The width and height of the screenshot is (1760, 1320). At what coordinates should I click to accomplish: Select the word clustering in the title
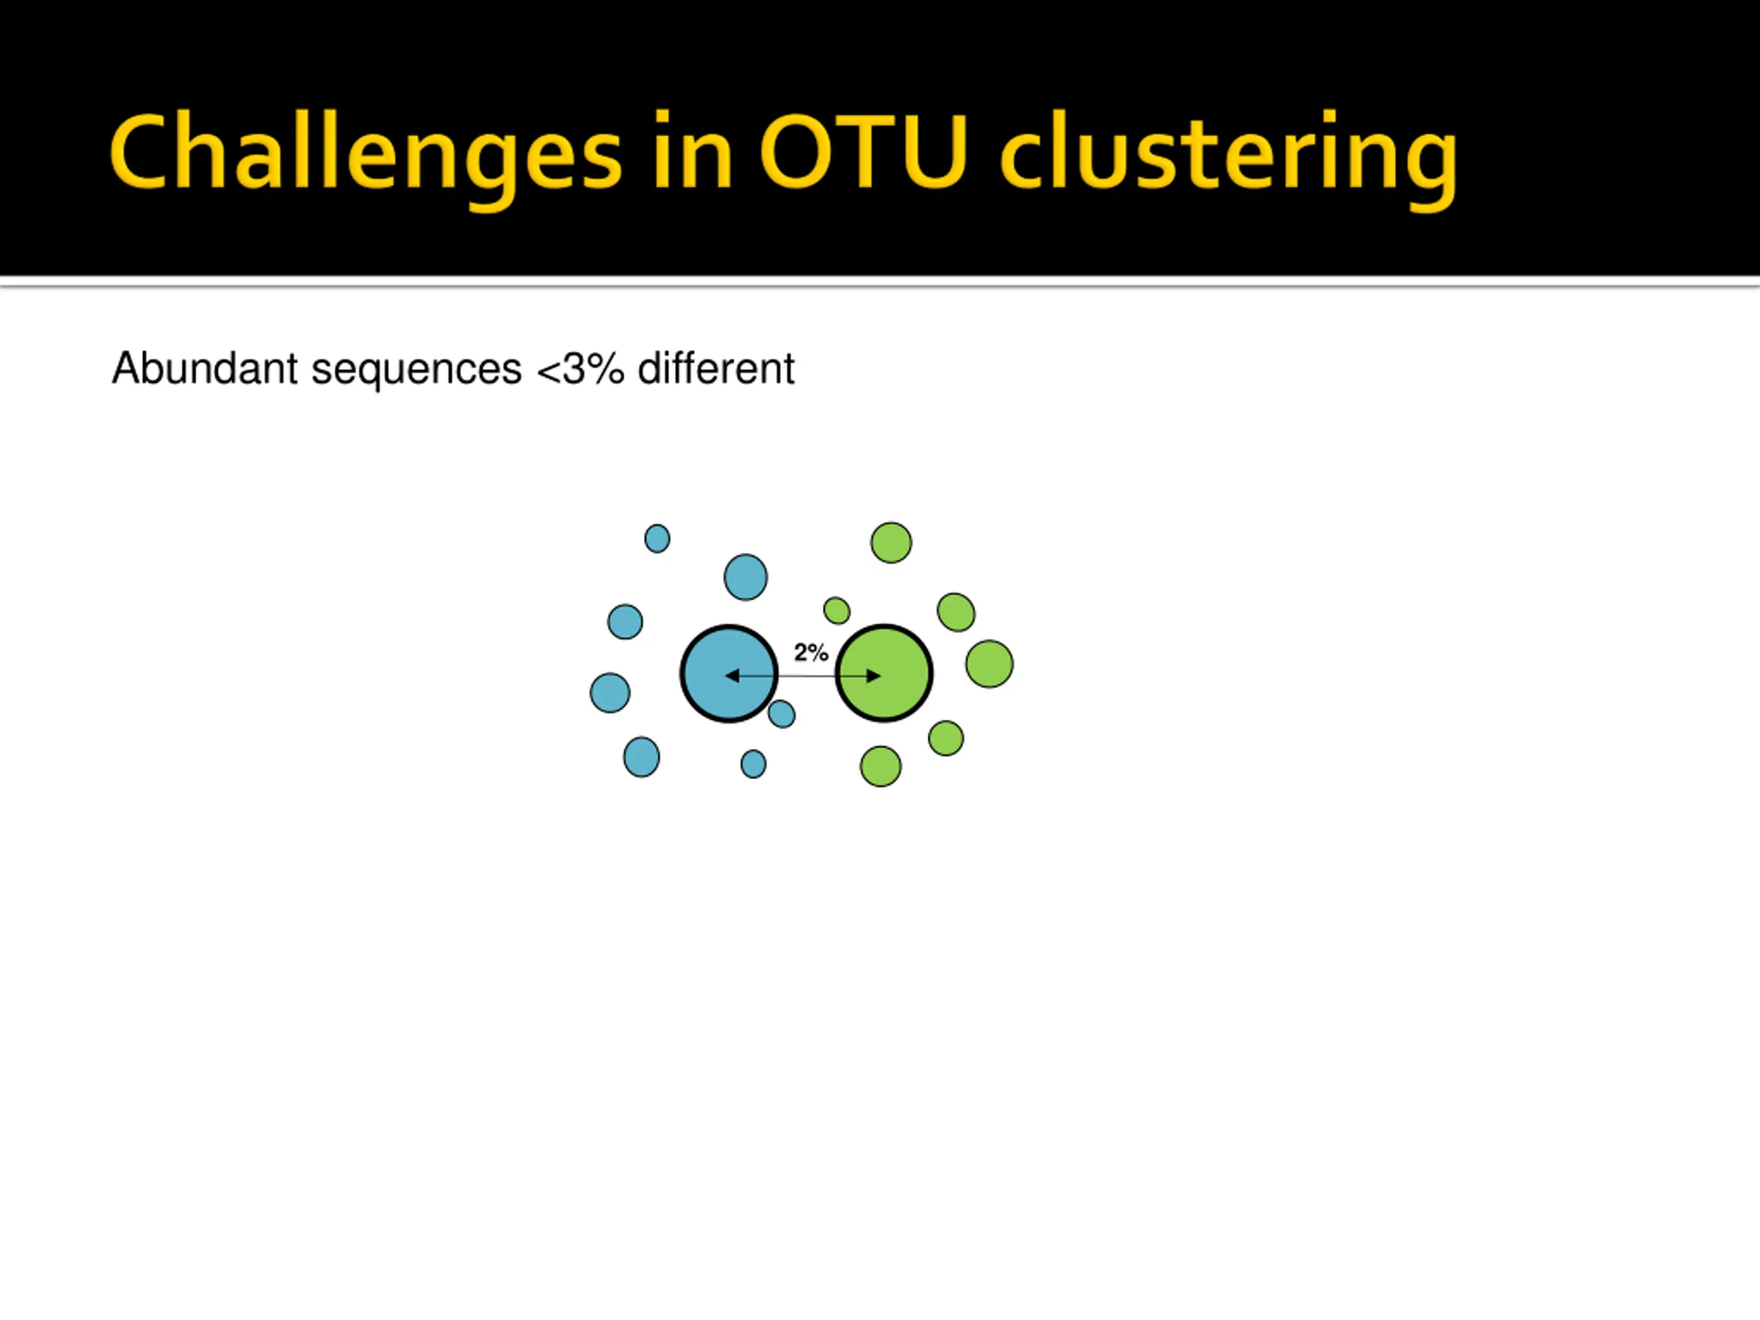[1229, 153]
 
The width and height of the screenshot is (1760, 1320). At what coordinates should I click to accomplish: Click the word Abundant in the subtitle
[206, 368]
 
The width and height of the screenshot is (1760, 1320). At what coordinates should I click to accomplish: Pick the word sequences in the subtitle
[416, 370]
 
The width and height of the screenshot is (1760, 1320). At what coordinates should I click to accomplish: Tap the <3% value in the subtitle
[580, 368]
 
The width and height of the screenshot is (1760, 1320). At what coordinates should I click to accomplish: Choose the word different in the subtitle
[716, 368]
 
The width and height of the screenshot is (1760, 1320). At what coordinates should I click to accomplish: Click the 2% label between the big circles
[811, 652]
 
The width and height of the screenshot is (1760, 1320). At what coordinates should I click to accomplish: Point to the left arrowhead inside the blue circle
[732, 676]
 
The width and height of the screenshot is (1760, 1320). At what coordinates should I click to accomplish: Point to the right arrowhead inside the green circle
[874, 676]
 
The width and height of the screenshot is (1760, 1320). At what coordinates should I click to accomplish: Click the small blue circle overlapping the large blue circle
[781, 714]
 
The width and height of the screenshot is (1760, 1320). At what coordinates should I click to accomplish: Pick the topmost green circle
[891, 542]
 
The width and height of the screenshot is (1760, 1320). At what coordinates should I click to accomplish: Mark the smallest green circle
[836, 610]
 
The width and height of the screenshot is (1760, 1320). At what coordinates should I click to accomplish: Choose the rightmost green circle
[989, 663]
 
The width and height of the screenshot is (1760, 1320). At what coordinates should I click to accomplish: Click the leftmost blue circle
[610, 692]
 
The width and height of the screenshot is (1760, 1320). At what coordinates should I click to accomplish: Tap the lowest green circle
[881, 767]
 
